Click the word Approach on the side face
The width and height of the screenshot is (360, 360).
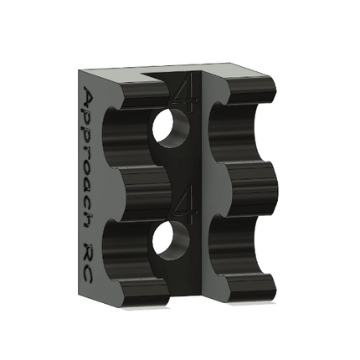93,159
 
